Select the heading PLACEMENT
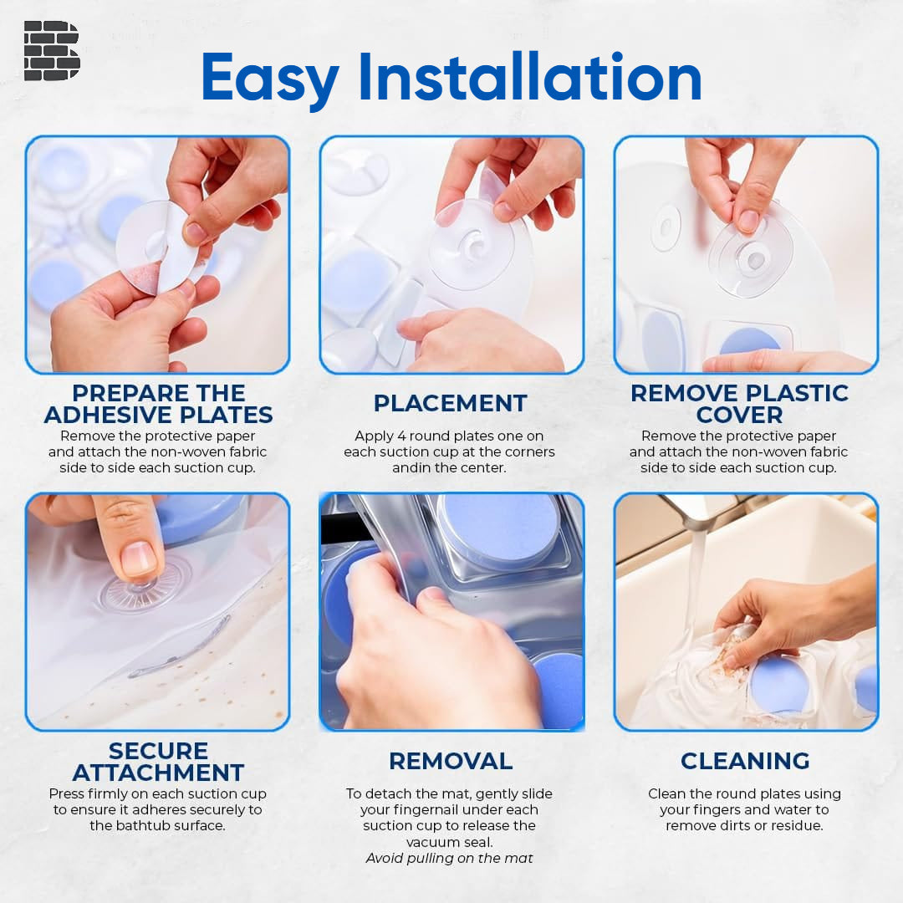(450, 403)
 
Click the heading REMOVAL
(450, 761)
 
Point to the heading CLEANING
(744, 761)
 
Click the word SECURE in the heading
(158, 751)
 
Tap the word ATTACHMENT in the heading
(158, 773)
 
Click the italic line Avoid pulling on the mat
(450, 858)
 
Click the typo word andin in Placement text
(413, 468)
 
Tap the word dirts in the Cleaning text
(756, 825)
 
